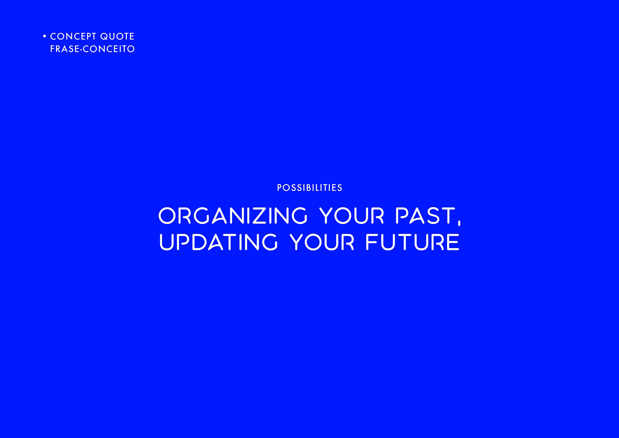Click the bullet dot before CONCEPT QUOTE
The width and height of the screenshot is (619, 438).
click(x=44, y=36)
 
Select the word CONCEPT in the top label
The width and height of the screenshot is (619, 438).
click(x=73, y=36)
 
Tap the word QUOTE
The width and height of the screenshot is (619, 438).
click(x=117, y=36)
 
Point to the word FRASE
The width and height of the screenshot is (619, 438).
click(x=64, y=49)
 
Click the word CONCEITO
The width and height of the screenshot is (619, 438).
click(x=109, y=49)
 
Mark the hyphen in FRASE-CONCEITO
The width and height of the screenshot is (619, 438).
click(x=81, y=50)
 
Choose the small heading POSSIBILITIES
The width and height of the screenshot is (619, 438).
click(x=309, y=188)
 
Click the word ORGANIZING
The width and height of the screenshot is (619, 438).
click(x=233, y=216)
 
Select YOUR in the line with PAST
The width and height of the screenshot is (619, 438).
click(x=352, y=216)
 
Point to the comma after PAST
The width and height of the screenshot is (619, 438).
click(x=459, y=222)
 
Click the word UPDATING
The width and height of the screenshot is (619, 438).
click(x=218, y=242)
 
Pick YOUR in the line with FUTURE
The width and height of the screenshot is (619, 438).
click(x=322, y=242)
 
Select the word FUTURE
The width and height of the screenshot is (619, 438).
click(x=412, y=242)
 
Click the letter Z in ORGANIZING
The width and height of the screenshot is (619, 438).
click(x=260, y=216)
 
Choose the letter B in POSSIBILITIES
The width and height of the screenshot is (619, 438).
click(x=305, y=188)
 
